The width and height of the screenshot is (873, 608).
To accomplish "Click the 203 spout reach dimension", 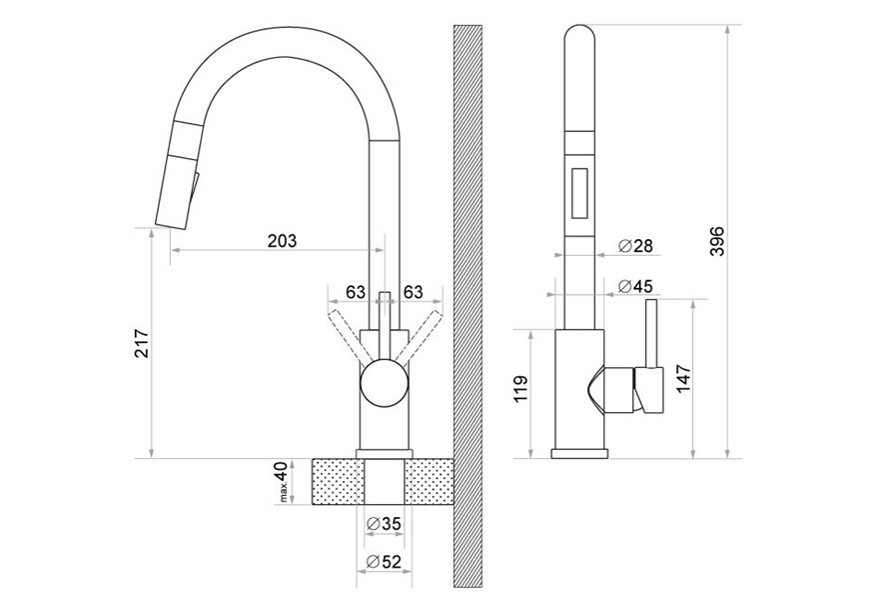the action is pyautogui.click(x=283, y=241).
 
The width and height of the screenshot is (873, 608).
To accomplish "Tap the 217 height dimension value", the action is pyautogui.click(x=142, y=343).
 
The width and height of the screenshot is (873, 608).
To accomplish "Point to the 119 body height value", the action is pyautogui.click(x=520, y=389).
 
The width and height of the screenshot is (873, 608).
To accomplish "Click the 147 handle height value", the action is pyautogui.click(x=683, y=379).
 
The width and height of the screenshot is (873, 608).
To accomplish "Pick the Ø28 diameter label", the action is pyautogui.click(x=635, y=245).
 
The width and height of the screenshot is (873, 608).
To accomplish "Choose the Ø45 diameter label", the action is pyautogui.click(x=635, y=286).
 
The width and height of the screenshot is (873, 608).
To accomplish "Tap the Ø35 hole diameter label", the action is pyautogui.click(x=385, y=524).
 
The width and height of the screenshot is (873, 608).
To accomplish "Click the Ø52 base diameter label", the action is pyautogui.click(x=385, y=562).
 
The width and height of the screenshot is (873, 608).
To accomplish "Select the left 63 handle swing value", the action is pyautogui.click(x=356, y=291).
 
